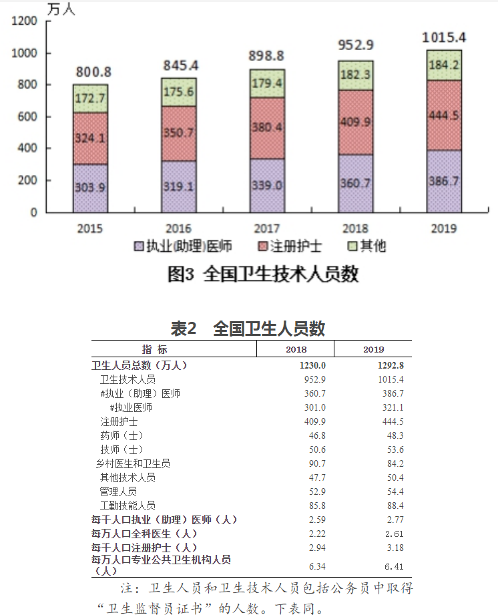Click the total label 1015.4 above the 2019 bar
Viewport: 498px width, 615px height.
(443, 37)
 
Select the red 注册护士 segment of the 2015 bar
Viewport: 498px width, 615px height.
(90, 138)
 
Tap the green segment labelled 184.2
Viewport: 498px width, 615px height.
(444, 65)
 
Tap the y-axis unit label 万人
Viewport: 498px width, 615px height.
(61, 9)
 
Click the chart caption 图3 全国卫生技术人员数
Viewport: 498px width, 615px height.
(262, 274)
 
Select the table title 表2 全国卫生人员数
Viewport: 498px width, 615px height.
(248, 329)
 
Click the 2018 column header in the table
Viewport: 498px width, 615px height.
(296, 349)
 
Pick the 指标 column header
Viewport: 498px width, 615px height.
(155, 349)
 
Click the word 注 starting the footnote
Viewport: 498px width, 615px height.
(126, 590)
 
